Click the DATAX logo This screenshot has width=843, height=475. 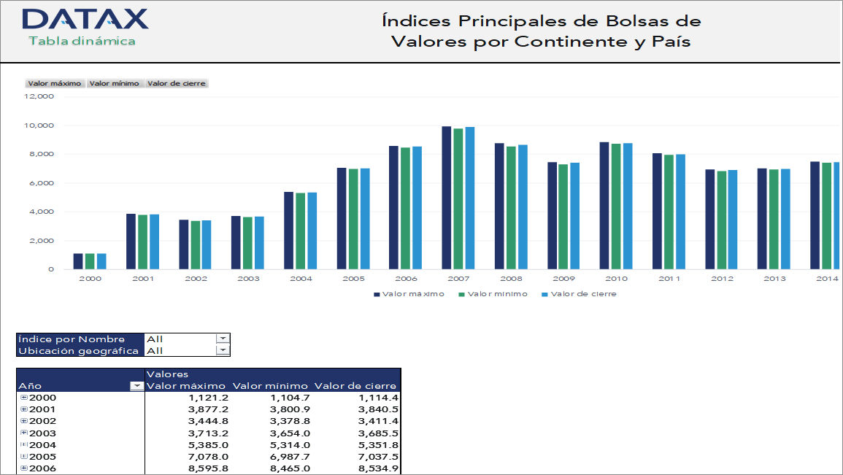click(x=85, y=18)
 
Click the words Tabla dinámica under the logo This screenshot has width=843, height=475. click(x=82, y=41)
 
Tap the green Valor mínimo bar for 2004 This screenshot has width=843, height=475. click(x=301, y=231)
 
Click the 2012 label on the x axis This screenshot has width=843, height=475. click(x=722, y=279)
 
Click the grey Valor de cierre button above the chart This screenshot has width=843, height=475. click(x=177, y=83)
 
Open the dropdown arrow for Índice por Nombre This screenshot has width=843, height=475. click(x=223, y=339)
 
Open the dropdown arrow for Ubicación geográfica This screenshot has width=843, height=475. click(x=223, y=350)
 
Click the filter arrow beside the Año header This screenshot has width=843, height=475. click(x=136, y=386)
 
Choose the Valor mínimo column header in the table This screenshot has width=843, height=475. click(x=272, y=386)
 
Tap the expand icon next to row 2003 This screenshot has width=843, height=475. click(x=24, y=433)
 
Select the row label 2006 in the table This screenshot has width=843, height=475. click(x=42, y=468)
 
